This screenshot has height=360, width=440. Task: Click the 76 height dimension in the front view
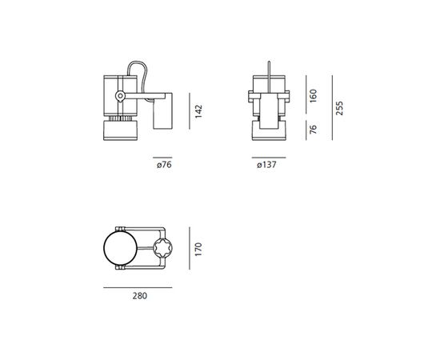coord(314,130)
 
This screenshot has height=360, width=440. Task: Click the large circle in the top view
coord(121,249)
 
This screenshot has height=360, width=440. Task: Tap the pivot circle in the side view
coord(119,96)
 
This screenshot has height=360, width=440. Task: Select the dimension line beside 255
coord(329,110)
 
